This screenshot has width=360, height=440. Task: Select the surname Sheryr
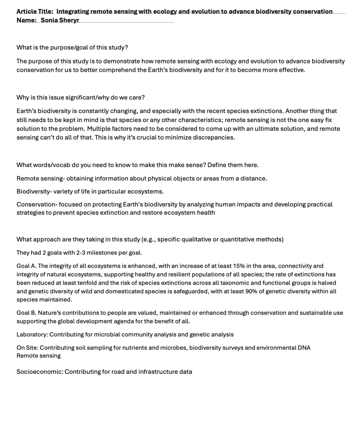pos(69,20)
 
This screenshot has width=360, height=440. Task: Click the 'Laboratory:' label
pos(32,334)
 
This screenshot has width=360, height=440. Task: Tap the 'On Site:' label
pos(27,348)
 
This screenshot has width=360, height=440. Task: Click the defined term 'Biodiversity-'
pos(36,191)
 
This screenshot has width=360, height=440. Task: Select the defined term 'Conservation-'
pos(37,205)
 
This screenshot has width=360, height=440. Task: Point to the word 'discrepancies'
pos(212,137)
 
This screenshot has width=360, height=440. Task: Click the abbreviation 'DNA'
pos(303,348)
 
